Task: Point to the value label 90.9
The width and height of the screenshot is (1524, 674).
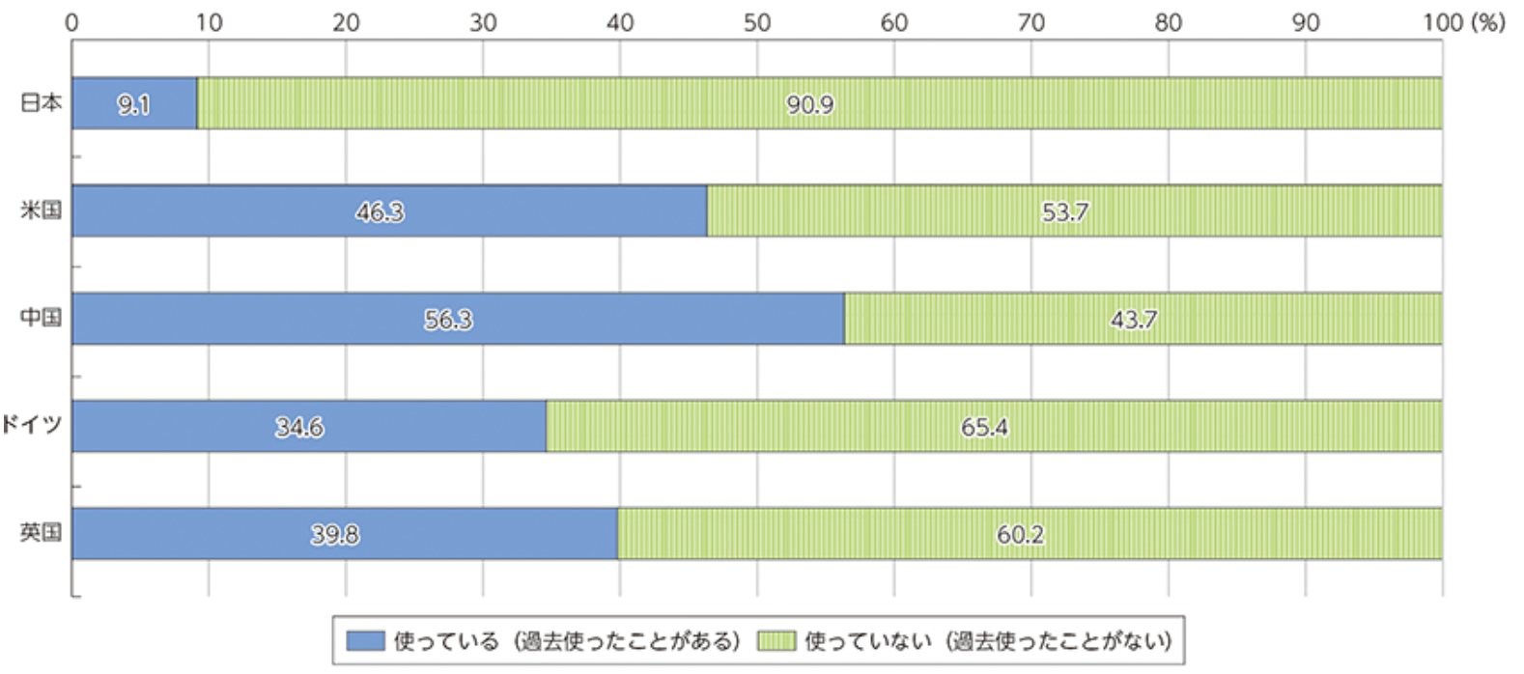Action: tap(809, 104)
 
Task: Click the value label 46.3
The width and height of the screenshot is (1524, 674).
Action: tap(380, 211)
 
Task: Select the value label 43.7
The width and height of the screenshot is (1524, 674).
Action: tap(1133, 319)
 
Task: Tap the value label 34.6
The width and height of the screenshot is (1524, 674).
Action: tap(299, 427)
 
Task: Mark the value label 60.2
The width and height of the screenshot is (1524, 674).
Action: tap(1020, 534)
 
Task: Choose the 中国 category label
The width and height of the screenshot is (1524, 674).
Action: tap(42, 318)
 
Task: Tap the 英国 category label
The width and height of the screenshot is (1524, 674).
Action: tap(42, 532)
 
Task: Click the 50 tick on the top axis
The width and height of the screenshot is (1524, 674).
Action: tap(757, 22)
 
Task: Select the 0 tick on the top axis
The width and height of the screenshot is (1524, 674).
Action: tap(71, 22)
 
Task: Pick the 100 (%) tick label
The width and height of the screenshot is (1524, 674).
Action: tap(1463, 22)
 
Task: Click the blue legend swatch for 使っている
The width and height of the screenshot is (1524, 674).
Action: tap(365, 641)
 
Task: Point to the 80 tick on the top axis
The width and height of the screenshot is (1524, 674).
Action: tap(1169, 22)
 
